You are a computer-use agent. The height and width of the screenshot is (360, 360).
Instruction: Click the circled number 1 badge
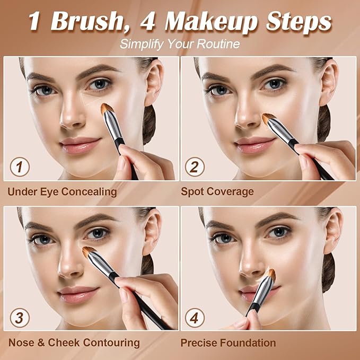click(20, 167)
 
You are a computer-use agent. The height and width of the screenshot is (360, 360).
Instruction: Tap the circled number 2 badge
click(195, 167)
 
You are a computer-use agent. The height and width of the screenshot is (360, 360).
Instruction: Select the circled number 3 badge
click(20, 318)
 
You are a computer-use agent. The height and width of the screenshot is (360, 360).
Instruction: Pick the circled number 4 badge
click(195, 318)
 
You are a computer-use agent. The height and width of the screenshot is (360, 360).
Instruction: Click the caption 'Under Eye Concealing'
click(62, 191)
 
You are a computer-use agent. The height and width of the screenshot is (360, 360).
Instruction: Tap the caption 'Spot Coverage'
click(217, 191)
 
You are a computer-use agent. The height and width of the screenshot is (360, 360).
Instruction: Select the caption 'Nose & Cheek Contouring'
click(73, 343)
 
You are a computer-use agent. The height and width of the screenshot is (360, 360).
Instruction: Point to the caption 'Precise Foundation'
click(228, 343)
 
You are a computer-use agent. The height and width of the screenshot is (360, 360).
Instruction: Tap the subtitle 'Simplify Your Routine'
click(179, 43)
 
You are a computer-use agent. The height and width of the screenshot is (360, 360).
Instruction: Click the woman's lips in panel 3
click(78, 294)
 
